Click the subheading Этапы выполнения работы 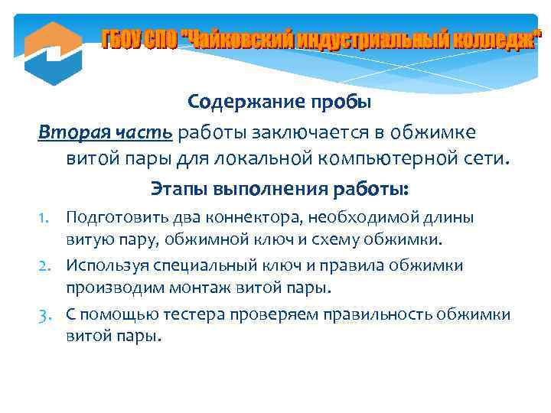[280, 188]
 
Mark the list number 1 [48, 218]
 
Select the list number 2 [47, 266]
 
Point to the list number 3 [47, 314]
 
